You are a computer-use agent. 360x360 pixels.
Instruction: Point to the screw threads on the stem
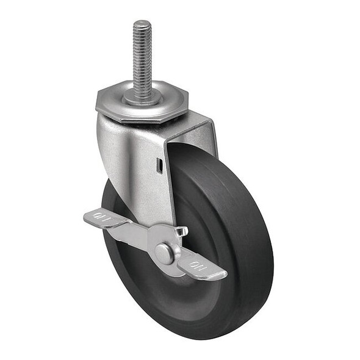pyautogui.click(x=142, y=55)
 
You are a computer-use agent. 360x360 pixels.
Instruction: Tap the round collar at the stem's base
pyautogui.click(x=141, y=96)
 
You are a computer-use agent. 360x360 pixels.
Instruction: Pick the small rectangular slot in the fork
pyautogui.click(x=159, y=164)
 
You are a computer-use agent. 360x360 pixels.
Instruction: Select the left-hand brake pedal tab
pyautogui.click(x=101, y=218)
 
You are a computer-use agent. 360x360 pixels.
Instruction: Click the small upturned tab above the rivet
pyautogui.click(x=180, y=231)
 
